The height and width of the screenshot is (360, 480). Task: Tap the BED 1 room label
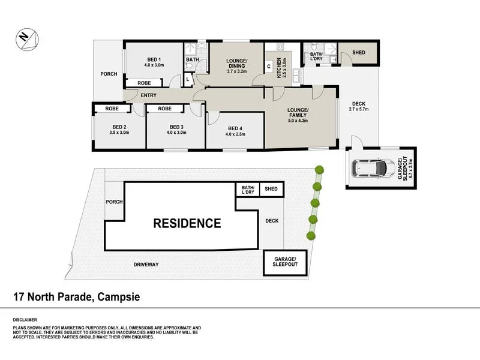(x=153, y=59)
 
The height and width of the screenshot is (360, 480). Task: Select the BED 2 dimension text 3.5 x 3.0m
(x=119, y=133)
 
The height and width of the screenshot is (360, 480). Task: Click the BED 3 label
(x=176, y=127)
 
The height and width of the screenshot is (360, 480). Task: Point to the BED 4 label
(x=235, y=128)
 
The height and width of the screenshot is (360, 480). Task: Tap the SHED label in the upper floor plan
(x=359, y=53)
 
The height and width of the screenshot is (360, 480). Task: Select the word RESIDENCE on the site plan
(x=187, y=224)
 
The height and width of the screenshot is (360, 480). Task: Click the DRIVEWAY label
(x=146, y=264)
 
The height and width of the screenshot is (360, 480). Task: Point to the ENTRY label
(x=148, y=95)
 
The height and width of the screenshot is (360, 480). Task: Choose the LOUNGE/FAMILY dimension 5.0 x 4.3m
(x=298, y=120)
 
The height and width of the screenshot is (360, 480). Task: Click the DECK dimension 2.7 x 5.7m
(x=358, y=109)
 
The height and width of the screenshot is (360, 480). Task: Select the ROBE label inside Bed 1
(x=144, y=83)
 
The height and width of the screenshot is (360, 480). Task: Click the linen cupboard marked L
(x=188, y=79)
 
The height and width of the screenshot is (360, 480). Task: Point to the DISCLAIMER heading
(x=25, y=320)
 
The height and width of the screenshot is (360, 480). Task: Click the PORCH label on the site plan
(x=114, y=201)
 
